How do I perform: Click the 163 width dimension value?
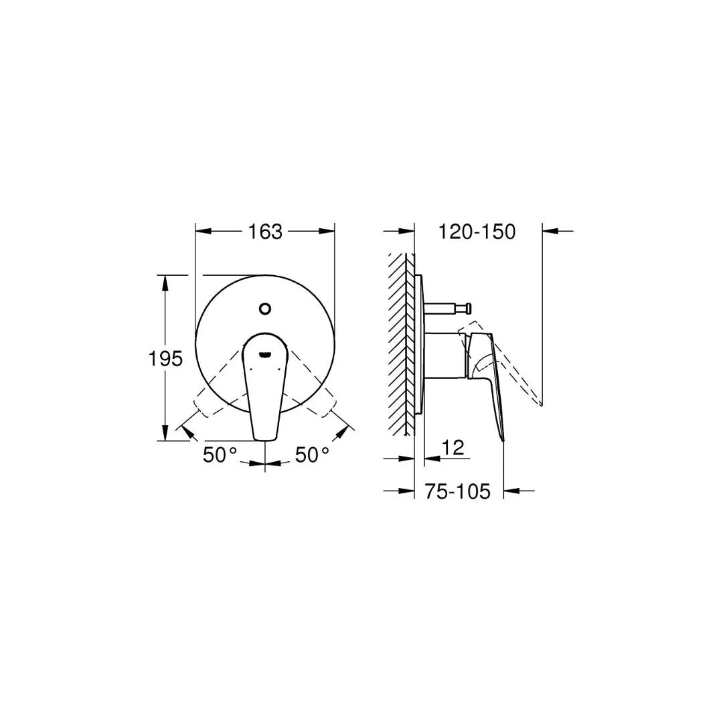pyautogui.click(x=265, y=232)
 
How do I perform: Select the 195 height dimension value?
pyautogui.click(x=165, y=359)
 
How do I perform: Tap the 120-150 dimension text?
pyautogui.click(x=477, y=232)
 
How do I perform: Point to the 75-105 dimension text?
pyautogui.click(x=458, y=491)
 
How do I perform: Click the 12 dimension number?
pyautogui.click(x=453, y=448)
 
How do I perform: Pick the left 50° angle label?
pyautogui.click(x=220, y=455)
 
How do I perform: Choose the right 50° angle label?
pyautogui.click(x=313, y=455)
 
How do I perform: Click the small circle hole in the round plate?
pyautogui.click(x=265, y=309)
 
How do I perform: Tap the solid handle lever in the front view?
pyautogui.click(x=264, y=395)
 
